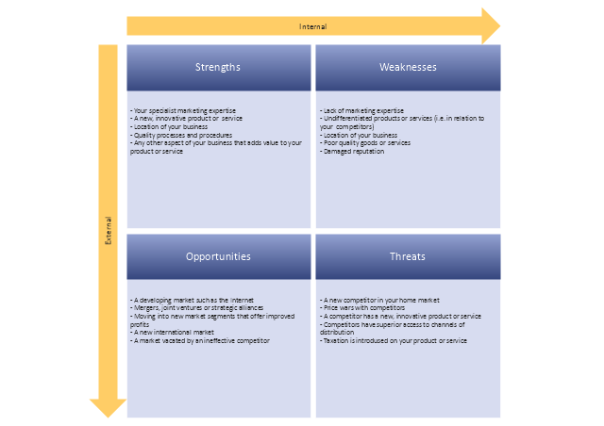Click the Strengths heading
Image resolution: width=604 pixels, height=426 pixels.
218,67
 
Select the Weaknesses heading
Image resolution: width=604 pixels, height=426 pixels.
408,67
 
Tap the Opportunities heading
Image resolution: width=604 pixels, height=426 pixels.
218,256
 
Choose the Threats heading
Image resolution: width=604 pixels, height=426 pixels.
408,256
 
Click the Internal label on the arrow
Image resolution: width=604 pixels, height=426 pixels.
312,26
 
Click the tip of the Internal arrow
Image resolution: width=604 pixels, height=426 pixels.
496,26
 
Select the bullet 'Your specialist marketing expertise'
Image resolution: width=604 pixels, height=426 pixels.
184,112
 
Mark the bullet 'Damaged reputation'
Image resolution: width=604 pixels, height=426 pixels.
352,151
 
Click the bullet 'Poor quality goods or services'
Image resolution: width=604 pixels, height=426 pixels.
365,143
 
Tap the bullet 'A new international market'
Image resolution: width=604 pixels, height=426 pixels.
174,333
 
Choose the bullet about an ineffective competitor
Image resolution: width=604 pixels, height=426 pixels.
200,340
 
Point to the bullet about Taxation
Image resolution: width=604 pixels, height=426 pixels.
394,340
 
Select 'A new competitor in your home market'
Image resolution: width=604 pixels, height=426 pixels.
377,300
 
